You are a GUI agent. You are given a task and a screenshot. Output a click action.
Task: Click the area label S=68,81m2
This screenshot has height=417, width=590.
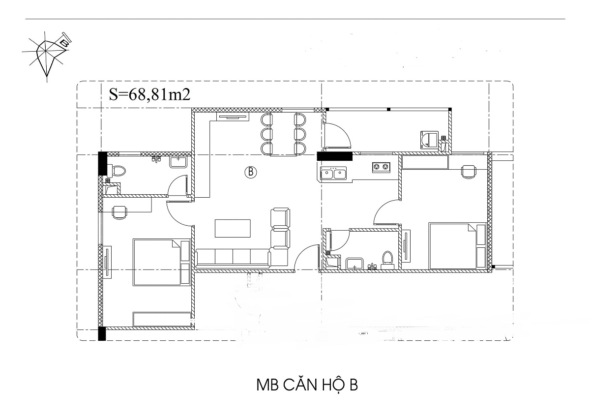[x=149, y=95]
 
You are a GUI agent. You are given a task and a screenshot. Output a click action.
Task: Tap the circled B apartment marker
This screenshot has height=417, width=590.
[x=250, y=172]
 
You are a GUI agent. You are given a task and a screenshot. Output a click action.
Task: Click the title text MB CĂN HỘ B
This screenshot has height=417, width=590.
[x=307, y=386]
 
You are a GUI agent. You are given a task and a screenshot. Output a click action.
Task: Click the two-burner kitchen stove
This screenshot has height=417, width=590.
[x=381, y=167]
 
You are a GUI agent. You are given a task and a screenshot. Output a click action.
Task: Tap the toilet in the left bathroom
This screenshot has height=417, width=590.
[x=117, y=171]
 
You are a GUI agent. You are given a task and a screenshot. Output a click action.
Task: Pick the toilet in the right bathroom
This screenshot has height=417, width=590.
[x=387, y=260]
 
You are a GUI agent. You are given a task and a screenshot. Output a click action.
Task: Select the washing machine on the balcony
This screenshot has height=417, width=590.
[x=429, y=140]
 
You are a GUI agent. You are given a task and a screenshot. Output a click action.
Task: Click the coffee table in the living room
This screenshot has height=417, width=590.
[x=233, y=228]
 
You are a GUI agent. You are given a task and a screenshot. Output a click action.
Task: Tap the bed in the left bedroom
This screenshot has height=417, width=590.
[x=161, y=262]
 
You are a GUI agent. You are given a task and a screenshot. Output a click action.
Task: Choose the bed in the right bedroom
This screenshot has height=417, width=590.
[x=457, y=246]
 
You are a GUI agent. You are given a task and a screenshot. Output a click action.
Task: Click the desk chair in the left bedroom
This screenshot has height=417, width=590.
[x=120, y=212]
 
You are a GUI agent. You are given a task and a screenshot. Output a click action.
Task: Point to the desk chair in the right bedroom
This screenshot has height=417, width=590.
[x=469, y=172]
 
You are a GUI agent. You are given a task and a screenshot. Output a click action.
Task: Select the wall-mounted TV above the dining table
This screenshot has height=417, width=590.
[x=233, y=117]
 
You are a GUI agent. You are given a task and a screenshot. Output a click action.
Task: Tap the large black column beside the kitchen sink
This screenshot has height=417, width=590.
[x=334, y=156]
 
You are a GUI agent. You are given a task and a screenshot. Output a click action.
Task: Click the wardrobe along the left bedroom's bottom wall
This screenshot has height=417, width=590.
[x=162, y=319]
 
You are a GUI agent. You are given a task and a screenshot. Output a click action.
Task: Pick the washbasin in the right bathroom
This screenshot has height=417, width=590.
[x=355, y=264]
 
